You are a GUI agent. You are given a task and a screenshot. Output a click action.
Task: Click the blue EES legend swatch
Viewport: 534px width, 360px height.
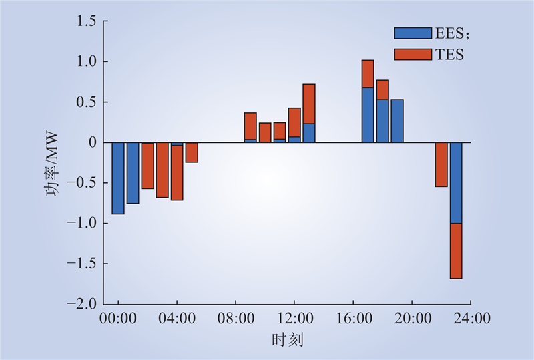click(x=413, y=33)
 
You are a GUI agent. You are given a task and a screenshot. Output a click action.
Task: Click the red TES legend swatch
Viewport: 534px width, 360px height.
click(x=413, y=55)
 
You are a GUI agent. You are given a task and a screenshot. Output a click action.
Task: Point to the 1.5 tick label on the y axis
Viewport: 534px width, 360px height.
click(x=86, y=21)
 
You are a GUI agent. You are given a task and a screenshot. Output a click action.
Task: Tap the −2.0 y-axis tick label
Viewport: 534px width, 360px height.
click(x=81, y=303)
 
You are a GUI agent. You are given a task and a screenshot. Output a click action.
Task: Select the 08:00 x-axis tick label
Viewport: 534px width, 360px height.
click(x=236, y=319)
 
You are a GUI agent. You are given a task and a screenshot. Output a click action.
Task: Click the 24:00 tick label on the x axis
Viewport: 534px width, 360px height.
click(x=472, y=319)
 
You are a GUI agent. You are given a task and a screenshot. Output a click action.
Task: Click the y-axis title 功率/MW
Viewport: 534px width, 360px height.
click(x=52, y=165)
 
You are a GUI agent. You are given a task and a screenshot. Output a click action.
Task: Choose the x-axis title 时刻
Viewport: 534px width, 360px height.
click(x=288, y=340)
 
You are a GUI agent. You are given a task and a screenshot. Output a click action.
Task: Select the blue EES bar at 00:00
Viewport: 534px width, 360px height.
click(x=118, y=178)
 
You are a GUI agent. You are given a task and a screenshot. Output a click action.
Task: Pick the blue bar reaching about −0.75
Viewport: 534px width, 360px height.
click(x=133, y=173)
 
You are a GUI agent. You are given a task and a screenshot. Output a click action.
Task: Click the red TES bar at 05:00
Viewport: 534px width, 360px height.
click(x=192, y=152)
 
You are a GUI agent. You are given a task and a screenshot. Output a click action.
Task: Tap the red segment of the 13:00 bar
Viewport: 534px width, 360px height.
click(x=309, y=104)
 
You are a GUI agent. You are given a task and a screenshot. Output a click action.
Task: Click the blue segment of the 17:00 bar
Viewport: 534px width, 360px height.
click(x=368, y=115)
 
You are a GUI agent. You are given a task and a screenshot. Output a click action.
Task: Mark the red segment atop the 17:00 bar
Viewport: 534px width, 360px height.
click(x=368, y=73)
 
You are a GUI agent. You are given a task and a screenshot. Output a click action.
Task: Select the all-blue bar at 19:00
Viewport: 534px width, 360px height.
click(x=397, y=121)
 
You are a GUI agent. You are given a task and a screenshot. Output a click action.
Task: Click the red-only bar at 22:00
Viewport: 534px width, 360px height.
click(x=441, y=165)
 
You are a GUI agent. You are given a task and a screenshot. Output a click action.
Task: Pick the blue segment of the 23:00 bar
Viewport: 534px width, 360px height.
click(x=456, y=183)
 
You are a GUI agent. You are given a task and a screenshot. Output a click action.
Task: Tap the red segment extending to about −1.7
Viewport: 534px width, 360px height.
click(x=456, y=251)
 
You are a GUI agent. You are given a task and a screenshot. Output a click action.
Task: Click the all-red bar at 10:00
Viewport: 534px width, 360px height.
click(x=265, y=133)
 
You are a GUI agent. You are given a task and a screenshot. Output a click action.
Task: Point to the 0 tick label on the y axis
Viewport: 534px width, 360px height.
click(x=93, y=142)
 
